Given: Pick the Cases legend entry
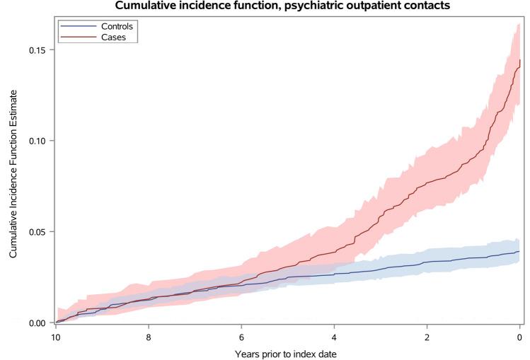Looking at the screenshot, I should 113,37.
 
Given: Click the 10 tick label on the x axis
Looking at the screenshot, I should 56,337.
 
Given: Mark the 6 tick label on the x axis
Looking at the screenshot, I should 242,337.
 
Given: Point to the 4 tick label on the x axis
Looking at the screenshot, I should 335,337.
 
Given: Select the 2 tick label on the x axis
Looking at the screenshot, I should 427,337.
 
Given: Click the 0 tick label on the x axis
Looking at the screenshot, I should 520,337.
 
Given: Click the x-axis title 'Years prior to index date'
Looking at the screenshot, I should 288,353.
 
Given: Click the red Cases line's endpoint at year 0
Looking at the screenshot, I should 519,62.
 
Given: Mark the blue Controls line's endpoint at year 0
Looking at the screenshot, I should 519,251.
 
